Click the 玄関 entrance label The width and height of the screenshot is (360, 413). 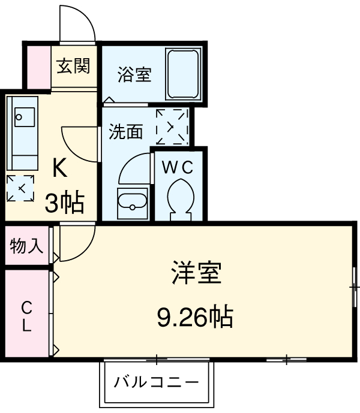click(x=73, y=66)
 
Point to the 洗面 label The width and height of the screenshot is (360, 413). click(x=125, y=132)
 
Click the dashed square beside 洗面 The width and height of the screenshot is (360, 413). click(x=172, y=126)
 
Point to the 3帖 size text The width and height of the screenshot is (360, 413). click(x=64, y=204)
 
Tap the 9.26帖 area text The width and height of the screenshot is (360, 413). click(x=195, y=316)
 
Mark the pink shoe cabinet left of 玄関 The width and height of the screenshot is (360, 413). click(x=37, y=66)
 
